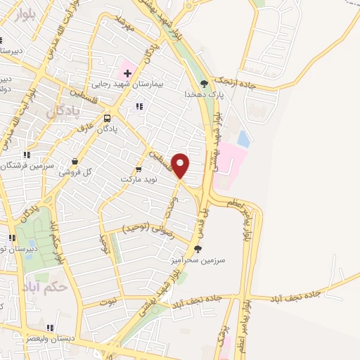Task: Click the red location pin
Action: pos(181,165)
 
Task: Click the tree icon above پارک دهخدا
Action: pos(205,84)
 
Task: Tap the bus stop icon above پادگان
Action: pos(108,118)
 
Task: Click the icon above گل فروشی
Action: pos(75,162)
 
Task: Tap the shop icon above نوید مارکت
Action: pos(138,169)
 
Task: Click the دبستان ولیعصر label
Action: pos(51,338)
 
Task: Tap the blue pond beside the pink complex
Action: pos(243,139)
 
